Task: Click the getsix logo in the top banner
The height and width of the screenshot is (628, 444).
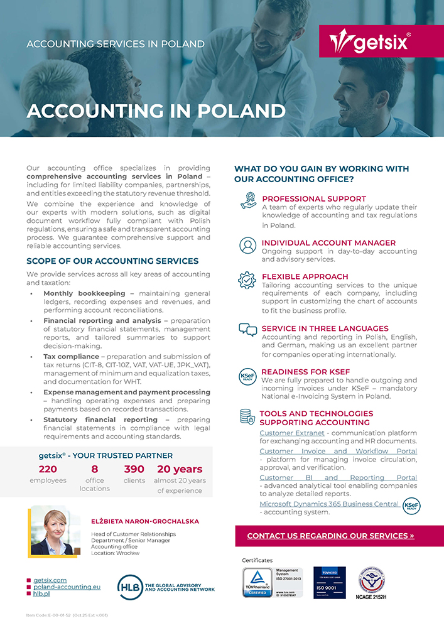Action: [x=370, y=41]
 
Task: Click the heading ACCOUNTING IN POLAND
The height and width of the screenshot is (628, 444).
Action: [x=156, y=111]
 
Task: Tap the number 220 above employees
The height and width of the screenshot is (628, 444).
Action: [x=48, y=469]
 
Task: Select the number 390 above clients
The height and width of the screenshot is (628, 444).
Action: [x=134, y=469]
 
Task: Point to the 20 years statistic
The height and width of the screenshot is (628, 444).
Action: [x=180, y=469]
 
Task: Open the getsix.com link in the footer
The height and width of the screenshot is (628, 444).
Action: [x=50, y=580]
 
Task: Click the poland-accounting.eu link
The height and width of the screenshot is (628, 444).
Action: [x=67, y=587]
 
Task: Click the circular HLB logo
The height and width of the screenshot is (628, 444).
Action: [x=130, y=587]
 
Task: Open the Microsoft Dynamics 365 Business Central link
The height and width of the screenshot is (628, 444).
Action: [x=329, y=504]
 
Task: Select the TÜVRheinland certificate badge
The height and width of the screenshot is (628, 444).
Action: [x=257, y=583]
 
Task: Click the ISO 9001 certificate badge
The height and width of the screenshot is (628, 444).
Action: [x=329, y=583]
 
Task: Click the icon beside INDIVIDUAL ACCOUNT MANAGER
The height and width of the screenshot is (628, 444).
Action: [x=248, y=246]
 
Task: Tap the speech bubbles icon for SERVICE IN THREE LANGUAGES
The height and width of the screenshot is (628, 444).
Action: [x=248, y=330]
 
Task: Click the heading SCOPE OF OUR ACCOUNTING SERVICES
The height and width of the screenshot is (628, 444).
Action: [x=112, y=261]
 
